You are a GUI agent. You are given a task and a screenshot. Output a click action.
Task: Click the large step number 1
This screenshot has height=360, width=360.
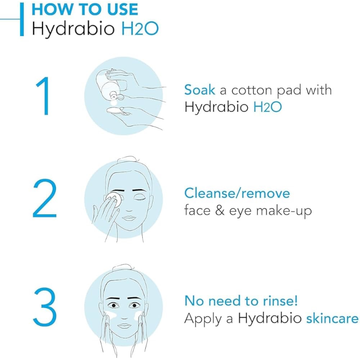pos(44,96)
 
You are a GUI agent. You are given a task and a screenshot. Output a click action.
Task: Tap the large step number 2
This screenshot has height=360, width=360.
pos(45,198)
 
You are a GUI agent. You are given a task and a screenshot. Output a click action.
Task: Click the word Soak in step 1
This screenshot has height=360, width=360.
pos(200,90)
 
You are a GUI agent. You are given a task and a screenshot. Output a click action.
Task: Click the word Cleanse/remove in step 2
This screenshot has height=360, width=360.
pos(237,193)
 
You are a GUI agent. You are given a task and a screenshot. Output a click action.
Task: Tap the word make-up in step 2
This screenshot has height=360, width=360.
pos(284,211)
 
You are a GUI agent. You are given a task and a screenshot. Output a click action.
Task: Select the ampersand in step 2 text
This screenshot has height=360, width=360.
pos(220,211)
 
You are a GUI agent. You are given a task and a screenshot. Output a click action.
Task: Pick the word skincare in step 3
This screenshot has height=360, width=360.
pos(332,319)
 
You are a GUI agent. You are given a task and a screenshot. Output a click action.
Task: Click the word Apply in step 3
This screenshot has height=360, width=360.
pos(203,319)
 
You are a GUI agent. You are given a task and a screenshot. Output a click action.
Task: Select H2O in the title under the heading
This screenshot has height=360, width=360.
pos(140,28)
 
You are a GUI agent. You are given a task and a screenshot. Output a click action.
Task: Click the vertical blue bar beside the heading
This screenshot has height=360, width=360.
pos(22,19)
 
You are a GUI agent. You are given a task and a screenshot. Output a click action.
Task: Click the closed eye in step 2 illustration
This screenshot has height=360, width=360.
pos(139,198)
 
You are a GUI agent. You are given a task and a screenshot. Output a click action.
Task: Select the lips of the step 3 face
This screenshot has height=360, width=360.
pos(124,325)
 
